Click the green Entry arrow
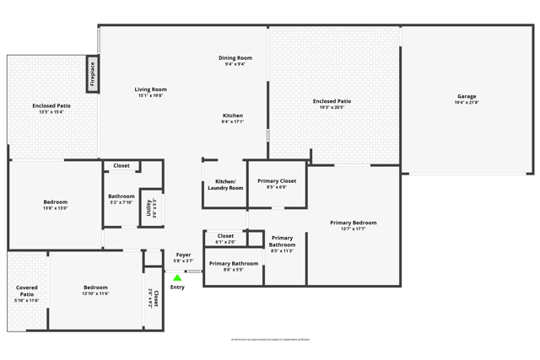coord(177,277)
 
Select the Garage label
coord(467,97)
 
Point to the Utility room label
coord(148,207)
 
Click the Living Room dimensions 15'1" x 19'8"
coord(151,96)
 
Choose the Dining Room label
coord(235,58)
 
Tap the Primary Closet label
coord(276,181)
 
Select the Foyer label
coord(183,255)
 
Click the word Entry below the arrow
coord(177,287)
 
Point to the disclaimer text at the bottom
coord(270,339)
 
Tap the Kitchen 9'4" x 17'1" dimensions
coord(233,122)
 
